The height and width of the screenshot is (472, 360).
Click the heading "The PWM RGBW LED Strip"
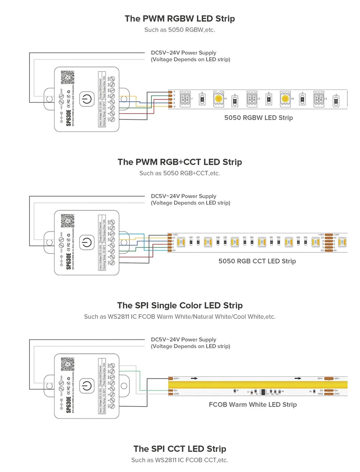180,19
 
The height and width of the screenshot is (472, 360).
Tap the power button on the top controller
86,99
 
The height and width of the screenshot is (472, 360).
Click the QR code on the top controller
67,77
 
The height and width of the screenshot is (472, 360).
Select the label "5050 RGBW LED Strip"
258,118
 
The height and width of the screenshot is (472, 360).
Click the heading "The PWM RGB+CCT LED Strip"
180,162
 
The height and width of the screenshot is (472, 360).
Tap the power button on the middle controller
86,242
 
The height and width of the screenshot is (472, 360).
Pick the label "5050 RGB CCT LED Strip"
257,261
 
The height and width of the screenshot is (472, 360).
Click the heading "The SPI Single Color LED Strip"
180,305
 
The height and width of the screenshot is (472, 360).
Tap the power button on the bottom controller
86,386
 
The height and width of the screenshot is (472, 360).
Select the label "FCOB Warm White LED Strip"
253,404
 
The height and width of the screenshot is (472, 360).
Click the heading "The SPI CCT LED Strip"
180,449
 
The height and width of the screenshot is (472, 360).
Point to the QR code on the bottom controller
67,364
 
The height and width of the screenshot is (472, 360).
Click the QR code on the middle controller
67,221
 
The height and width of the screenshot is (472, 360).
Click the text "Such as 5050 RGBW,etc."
180,30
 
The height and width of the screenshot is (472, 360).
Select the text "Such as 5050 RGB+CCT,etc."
180,173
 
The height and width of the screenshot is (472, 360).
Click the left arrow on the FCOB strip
194,378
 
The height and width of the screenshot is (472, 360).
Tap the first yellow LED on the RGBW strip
219,98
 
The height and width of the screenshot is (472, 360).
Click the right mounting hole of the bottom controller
124,386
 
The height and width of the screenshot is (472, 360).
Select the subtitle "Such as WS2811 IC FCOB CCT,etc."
180,460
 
